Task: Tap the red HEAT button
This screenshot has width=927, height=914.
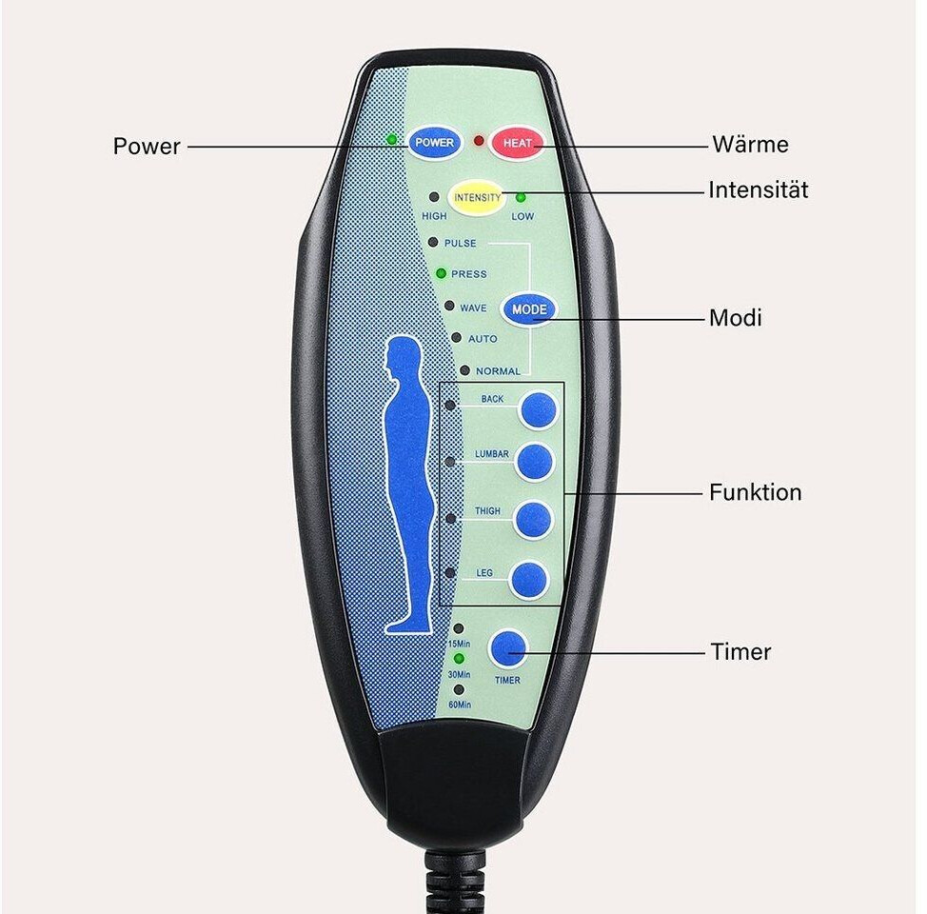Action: coord(516,143)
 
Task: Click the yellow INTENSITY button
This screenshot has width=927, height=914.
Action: coord(477,197)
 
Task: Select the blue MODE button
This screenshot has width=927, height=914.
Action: coord(529,309)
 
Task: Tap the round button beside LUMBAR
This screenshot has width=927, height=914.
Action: coord(534,462)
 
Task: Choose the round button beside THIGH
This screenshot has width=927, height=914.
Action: coord(533,520)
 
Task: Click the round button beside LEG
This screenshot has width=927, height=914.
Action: coord(529,580)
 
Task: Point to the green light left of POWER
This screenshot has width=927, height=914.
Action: coord(391,140)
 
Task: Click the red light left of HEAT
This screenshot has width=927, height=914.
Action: coord(479,142)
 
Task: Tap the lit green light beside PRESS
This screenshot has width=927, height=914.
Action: coord(441,273)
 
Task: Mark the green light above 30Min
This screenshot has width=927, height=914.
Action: coord(459,658)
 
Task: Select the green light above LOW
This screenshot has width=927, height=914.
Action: coord(521,198)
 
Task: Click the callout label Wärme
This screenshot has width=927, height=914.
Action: coord(750,144)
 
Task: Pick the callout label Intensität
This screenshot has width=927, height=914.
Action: coord(758,189)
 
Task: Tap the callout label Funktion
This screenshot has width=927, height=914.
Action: coord(756,492)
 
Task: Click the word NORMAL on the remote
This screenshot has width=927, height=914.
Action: coord(498,371)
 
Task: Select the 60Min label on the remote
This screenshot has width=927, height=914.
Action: coord(460,705)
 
